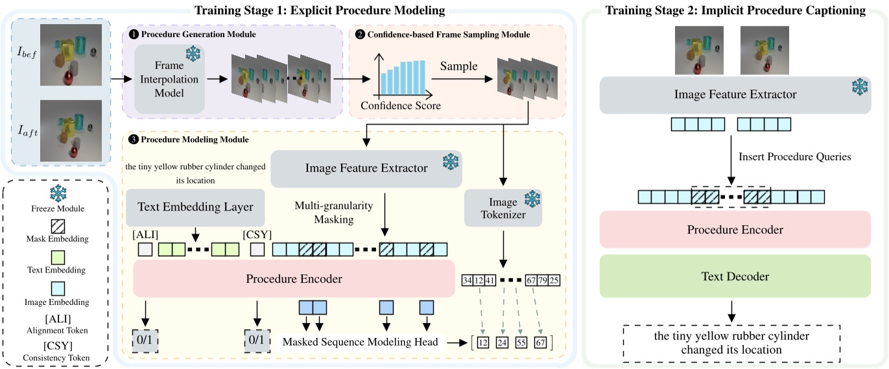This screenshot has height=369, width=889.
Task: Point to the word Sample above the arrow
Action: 459,66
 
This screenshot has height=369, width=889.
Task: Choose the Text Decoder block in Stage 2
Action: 734,277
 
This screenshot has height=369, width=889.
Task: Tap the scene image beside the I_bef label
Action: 71,54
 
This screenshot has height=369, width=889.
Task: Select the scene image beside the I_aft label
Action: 71,130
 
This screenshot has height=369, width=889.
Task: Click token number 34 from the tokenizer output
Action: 467,281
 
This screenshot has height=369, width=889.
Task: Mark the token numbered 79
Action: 543,281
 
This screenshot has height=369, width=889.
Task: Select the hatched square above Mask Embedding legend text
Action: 60,226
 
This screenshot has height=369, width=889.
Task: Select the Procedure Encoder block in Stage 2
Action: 734,230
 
